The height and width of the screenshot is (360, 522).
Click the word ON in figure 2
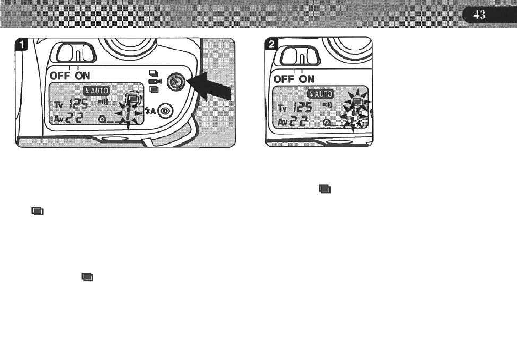307,79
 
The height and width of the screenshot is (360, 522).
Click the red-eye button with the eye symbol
164,113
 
